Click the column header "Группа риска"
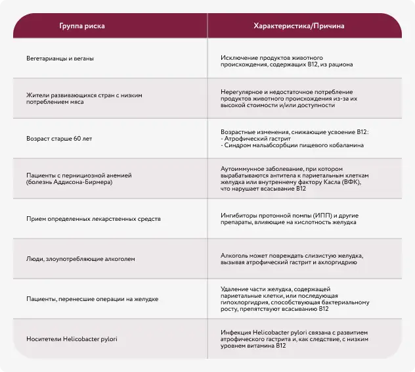[82, 26]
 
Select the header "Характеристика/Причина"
[299, 26]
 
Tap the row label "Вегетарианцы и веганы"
[60, 58]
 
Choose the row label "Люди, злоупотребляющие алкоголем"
[81, 259]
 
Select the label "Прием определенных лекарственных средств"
[93, 218]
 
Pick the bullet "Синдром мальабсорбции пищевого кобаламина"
[295, 145]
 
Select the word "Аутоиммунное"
[242, 169]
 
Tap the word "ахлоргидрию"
[339, 262]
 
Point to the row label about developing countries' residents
[84, 99]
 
